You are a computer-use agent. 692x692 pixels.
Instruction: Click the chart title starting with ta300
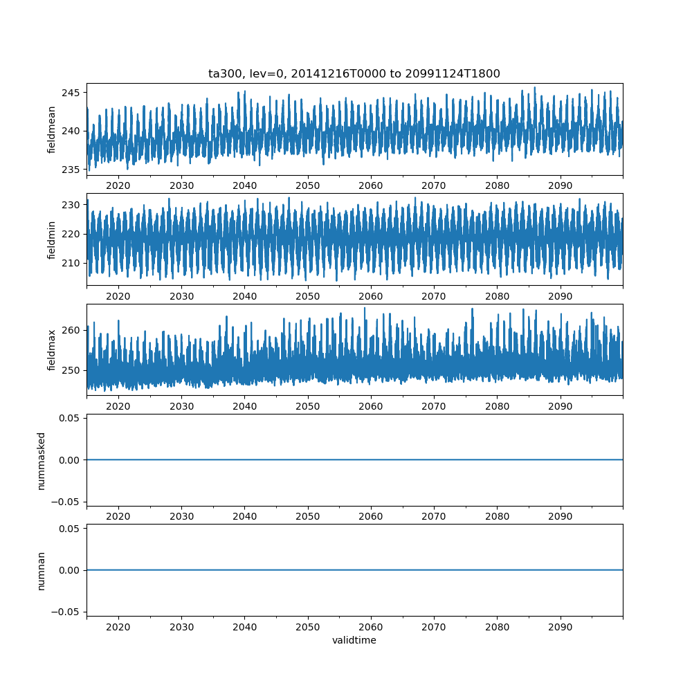[354, 73]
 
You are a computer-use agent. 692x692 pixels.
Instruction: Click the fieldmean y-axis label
[51, 130]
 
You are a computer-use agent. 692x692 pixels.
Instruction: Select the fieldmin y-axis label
[51, 240]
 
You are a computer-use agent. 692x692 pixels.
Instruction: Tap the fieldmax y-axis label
[51, 350]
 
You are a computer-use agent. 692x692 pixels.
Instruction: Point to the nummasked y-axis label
[41, 461]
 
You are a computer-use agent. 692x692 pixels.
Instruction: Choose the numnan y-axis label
[41, 571]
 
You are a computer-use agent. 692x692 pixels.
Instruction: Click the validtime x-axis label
[354, 640]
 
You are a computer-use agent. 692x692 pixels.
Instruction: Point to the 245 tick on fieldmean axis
[71, 93]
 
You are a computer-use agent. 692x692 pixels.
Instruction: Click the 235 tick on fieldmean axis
[71, 170]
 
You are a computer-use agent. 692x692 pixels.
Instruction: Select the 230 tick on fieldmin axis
[71, 205]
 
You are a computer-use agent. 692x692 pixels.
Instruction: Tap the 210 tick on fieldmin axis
[71, 263]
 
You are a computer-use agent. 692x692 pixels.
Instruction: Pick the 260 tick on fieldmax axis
[71, 330]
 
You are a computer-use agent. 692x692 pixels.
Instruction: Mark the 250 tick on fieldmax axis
[71, 370]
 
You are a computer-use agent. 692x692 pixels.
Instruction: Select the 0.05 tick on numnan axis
[69, 528]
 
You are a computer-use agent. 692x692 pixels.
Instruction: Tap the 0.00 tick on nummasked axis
[69, 460]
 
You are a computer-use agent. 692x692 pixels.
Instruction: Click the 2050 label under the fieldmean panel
[308, 185]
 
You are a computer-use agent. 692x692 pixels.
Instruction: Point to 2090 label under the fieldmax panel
[560, 406]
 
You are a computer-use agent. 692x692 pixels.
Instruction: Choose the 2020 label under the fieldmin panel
[118, 296]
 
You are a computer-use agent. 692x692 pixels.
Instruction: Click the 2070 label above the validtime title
[434, 627]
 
